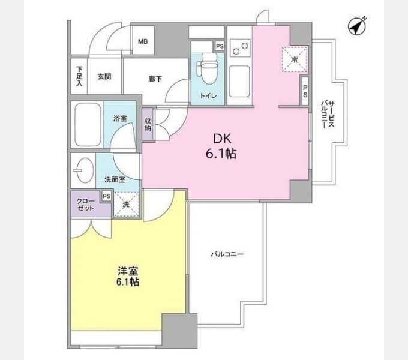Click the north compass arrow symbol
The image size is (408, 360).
(357, 26)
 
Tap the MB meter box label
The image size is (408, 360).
(143, 41)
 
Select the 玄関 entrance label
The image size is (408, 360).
(104, 76)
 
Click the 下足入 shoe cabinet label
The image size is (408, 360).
(79, 76)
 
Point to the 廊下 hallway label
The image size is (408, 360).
(155, 79)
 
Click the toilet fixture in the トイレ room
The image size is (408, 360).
(208, 68)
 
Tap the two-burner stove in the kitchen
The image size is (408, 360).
(240, 48)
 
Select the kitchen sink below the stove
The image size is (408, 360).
(239, 81)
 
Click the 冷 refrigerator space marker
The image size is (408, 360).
(295, 59)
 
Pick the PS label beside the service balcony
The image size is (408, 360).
(305, 91)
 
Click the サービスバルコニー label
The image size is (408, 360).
(328, 115)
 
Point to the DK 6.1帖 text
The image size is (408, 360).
(221, 146)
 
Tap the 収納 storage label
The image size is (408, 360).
(148, 124)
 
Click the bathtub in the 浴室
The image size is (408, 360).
(88, 125)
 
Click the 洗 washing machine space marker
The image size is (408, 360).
(127, 204)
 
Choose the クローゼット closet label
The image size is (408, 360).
(86, 205)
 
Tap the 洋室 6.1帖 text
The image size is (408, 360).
(127, 276)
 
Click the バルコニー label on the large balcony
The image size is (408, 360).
(227, 254)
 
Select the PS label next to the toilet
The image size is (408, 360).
(220, 46)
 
